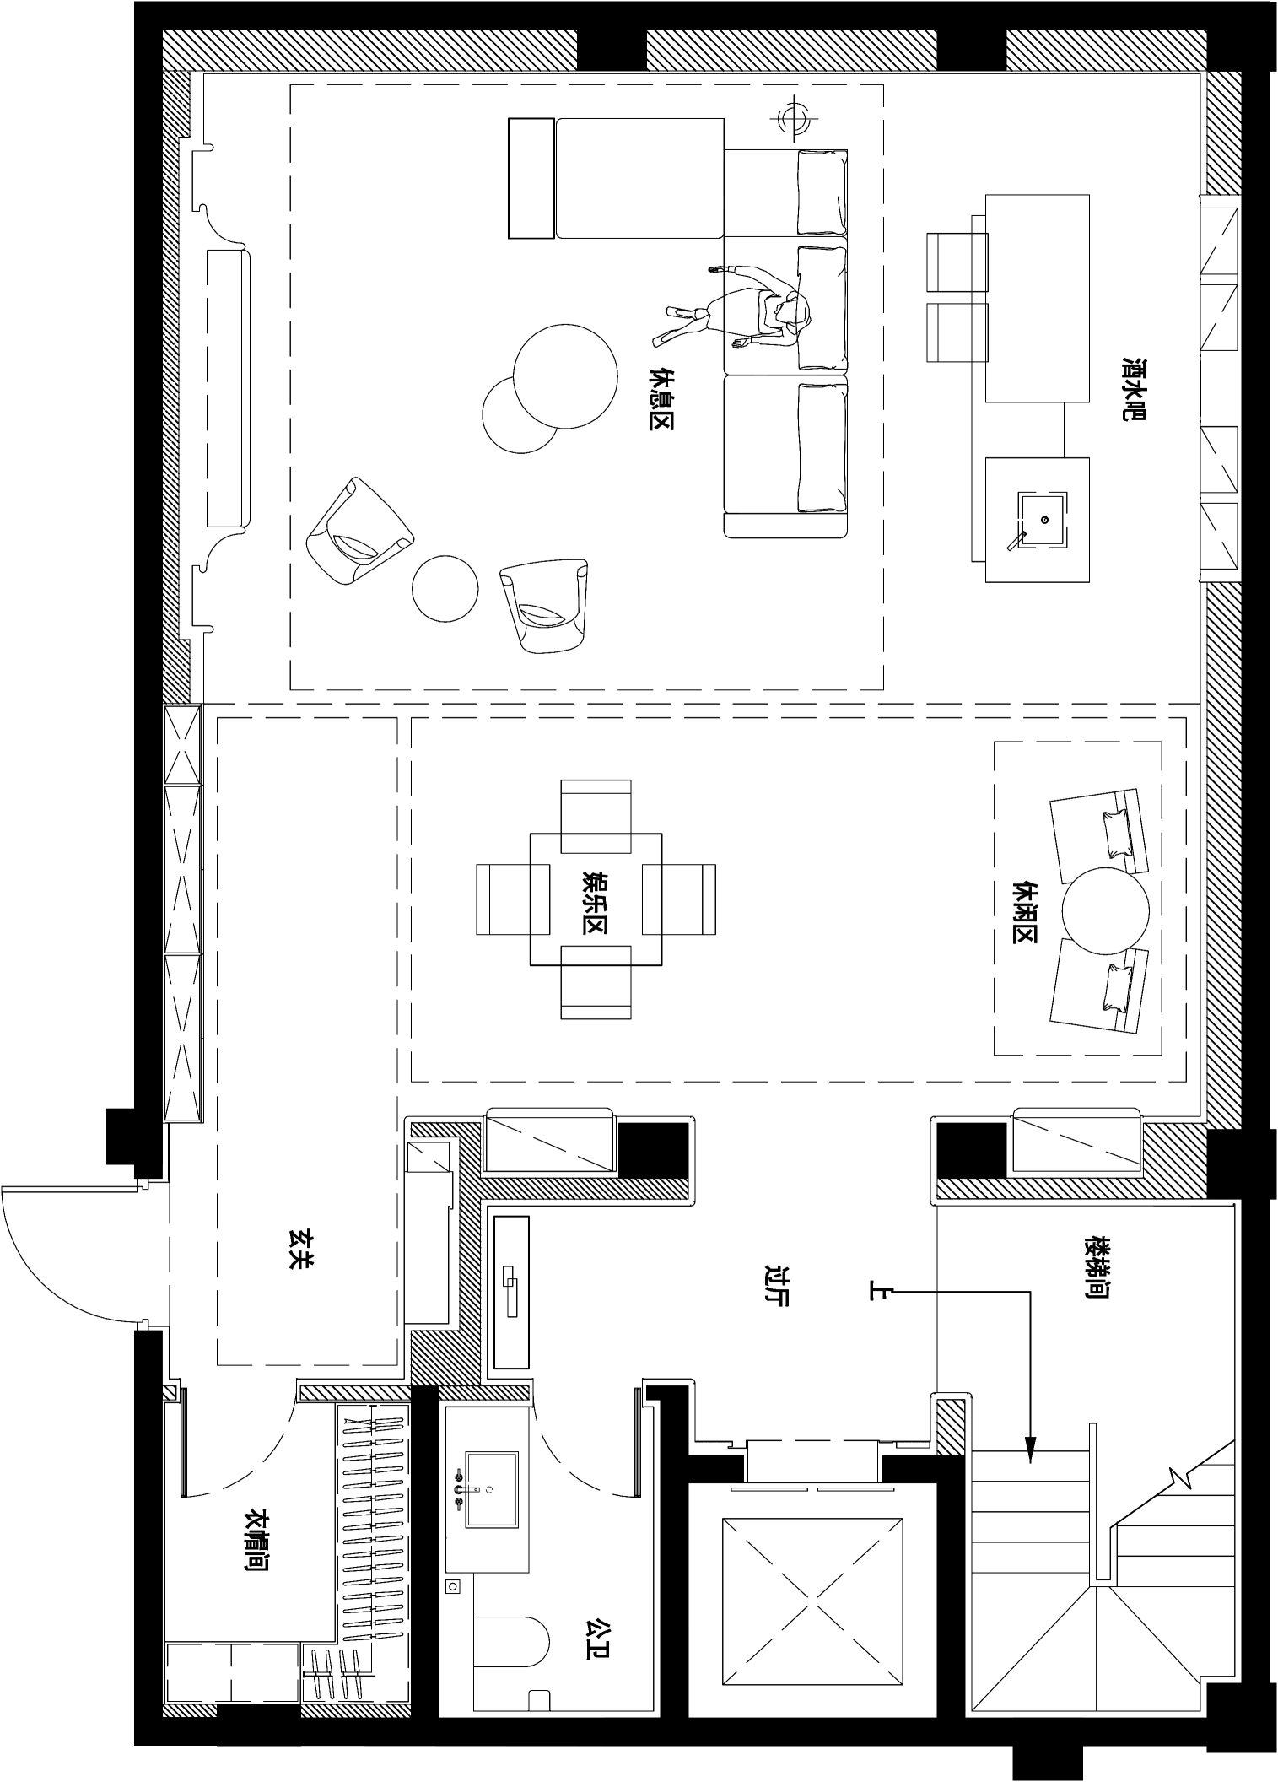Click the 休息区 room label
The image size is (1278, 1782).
(x=661, y=398)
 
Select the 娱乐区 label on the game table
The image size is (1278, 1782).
(x=595, y=900)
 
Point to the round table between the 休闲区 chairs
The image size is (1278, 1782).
(x=1105, y=910)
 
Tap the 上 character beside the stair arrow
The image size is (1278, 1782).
(x=878, y=1290)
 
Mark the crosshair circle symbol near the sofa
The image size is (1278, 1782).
(x=791, y=117)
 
